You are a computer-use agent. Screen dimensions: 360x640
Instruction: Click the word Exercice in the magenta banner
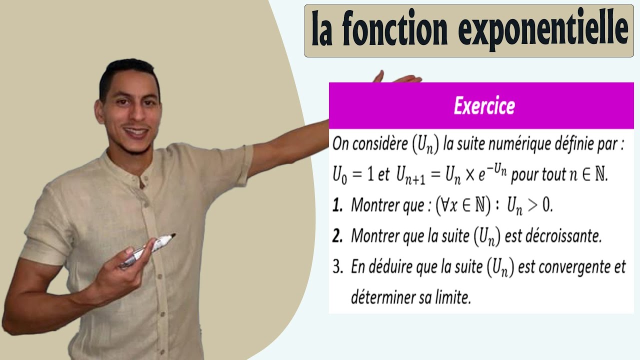click(x=484, y=106)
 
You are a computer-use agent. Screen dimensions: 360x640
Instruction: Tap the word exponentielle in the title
click(x=543, y=29)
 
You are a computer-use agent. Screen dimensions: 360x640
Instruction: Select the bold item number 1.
click(x=338, y=205)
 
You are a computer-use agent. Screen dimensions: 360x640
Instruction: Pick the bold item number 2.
click(x=338, y=236)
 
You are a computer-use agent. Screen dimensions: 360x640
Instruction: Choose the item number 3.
click(x=338, y=267)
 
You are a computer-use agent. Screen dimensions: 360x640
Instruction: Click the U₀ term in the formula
click(x=339, y=175)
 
